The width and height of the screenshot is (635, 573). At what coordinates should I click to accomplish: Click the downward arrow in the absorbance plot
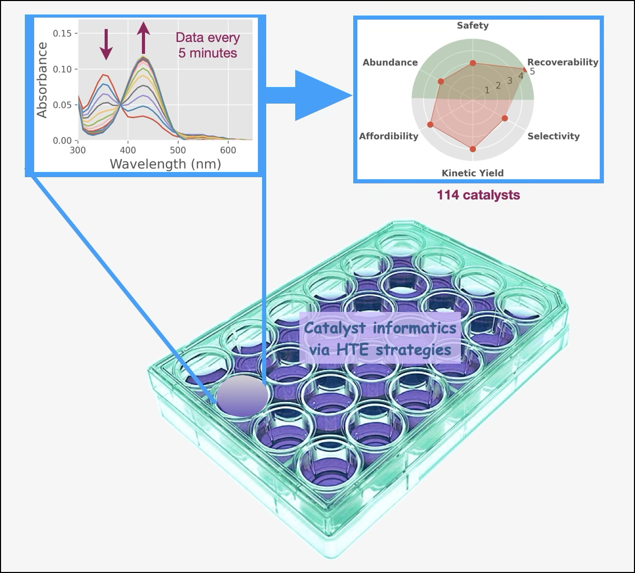click(106, 44)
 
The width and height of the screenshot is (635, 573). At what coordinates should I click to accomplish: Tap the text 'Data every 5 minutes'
click(208, 45)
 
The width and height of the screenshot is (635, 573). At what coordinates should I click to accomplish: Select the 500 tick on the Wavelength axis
click(178, 150)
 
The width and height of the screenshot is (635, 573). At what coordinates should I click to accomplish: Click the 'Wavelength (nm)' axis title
click(165, 164)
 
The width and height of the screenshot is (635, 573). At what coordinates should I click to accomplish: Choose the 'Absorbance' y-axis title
click(42, 80)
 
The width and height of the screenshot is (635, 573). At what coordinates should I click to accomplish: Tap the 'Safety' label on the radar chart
click(472, 25)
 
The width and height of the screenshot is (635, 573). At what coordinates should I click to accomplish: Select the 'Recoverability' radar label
click(562, 62)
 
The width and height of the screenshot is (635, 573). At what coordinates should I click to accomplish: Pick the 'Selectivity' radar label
click(553, 136)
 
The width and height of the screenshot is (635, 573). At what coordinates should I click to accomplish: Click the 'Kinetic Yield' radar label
click(472, 173)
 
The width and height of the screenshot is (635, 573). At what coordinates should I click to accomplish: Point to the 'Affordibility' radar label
click(388, 136)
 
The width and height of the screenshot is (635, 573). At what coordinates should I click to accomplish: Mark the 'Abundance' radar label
click(390, 62)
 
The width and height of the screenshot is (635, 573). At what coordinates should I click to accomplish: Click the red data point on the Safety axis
click(472, 63)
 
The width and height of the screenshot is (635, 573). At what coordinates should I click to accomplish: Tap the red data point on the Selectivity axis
click(505, 118)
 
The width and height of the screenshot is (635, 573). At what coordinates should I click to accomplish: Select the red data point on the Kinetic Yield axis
click(472, 149)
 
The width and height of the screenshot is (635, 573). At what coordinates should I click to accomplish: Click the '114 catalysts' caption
click(478, 195)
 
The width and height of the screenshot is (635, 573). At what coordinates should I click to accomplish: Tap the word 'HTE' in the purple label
click(355, 350)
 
